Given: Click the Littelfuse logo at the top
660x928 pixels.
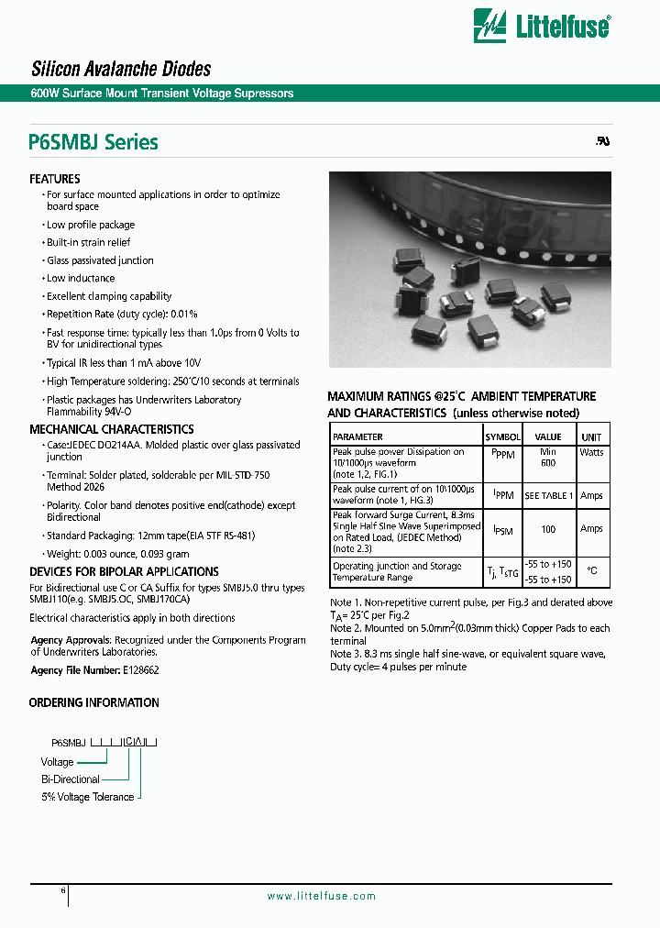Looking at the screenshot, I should pyautogui.click(x=541, y=25).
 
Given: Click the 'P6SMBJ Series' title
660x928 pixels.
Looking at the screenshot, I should pyautogui.click(x=93, y=143).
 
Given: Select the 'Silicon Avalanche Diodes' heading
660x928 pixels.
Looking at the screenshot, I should pyautogui.click(x=121, y=69).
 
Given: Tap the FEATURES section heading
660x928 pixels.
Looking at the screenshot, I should pyautogui.click(x=55, y=179).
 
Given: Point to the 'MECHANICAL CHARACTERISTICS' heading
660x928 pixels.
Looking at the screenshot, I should pyautogui.click(x=112, y=429).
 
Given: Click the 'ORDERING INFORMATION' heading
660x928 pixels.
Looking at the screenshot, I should pyautogui.click(x=94, y=702).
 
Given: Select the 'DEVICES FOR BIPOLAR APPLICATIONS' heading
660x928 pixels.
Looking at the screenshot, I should pyautogui.click(x=124, y=571).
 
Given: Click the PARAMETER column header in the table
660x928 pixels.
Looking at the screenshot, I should pyautogui.click(x=357, y=437).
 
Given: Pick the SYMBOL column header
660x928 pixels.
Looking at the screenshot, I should pyautogui.click(x=502, y=437).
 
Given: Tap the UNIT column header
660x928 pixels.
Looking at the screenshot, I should pyautogui.click(x=591, y=437).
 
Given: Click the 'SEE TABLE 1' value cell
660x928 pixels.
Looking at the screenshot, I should pyautogui.click(x=548, y=496).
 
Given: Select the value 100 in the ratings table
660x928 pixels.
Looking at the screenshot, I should pyautogui.click(x=548, y=530).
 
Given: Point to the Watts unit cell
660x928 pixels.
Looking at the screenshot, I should pyautogui.click(x=591, y=452).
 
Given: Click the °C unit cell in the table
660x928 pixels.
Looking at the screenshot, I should pyautogui.click(x=591, y=570).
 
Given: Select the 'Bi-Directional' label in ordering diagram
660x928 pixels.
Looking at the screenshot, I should pyautogui.click(x=71, y=779).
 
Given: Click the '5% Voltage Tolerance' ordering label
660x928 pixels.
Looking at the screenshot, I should pyautogui.click(x=88, y=797).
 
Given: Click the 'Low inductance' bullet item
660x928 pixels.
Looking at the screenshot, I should pyautogui.click(x=81, y=279).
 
